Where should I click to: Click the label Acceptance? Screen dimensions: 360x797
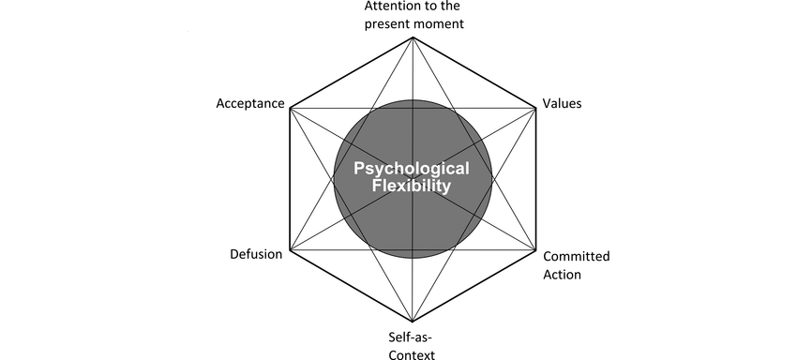point(249,103)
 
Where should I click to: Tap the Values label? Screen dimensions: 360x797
point(563,103)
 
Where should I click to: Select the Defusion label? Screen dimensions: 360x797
point(256,255)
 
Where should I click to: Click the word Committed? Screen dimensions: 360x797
point(577,256)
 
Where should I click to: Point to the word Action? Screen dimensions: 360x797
point(562,275)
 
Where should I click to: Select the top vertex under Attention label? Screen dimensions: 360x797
point(413,37)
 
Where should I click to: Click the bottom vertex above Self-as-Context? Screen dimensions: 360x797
point(413,322)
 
